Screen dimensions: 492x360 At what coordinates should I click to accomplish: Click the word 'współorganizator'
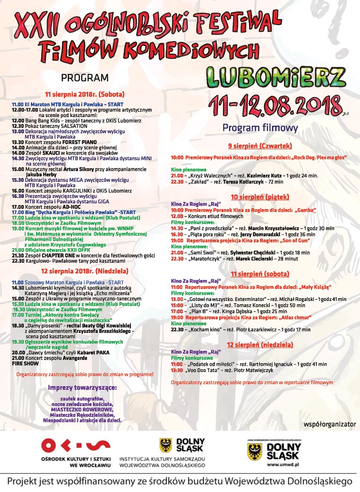330,424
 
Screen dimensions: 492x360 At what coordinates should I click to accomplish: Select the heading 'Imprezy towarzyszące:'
83,387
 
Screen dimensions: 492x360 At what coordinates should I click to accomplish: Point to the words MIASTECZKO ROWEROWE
82,410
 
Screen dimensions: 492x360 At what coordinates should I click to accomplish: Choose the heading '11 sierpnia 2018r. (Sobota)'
85,94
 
